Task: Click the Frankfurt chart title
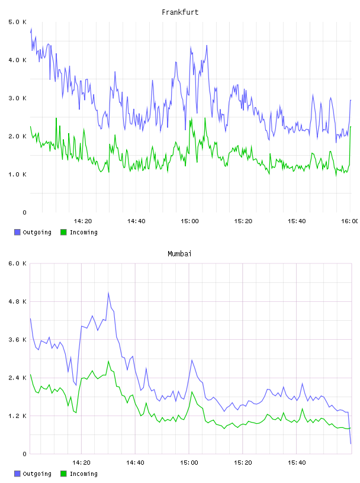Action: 180,12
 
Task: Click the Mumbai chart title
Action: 179,254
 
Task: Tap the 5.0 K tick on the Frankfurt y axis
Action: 17,22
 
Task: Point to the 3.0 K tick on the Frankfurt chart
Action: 17,98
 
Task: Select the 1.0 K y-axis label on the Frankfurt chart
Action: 17,175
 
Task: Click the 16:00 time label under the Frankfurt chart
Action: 349,221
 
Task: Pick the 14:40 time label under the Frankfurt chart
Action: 136,221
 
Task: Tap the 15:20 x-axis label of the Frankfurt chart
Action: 243,221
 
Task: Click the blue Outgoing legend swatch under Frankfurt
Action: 17,232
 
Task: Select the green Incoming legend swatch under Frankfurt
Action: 63,232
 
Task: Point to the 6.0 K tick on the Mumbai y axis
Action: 17,263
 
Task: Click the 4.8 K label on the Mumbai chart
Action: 17,301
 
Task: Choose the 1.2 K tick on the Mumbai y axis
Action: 17,416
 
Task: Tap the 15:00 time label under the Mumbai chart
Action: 189,463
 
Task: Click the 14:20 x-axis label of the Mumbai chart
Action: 81,463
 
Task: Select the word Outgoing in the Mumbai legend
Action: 37,474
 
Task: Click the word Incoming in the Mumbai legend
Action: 83,474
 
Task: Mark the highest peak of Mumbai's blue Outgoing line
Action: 108,292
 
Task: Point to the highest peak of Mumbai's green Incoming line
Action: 108,361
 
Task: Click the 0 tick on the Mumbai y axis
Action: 24,454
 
